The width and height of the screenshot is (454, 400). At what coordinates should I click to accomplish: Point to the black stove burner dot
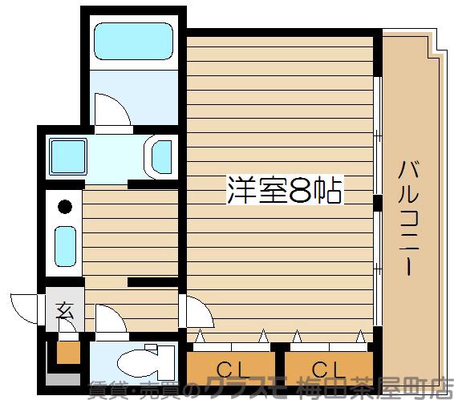65,206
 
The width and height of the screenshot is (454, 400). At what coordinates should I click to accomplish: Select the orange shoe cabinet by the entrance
67,351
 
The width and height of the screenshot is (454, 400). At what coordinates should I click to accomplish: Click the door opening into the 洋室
196,312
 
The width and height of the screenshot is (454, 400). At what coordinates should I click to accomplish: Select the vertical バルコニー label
408,217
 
